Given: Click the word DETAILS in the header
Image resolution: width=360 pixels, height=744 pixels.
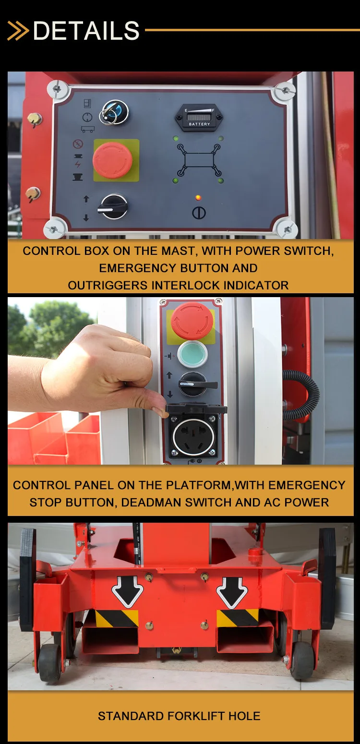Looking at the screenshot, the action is point(86,31).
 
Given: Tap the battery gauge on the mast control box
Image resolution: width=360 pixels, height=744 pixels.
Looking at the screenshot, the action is point(199,117).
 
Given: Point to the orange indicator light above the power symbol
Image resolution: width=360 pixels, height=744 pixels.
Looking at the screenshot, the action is point(198,198).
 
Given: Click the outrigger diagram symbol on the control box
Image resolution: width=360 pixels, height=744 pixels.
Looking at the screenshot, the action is point(199,160).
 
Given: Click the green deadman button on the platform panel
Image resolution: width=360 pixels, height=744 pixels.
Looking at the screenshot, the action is point(192,354).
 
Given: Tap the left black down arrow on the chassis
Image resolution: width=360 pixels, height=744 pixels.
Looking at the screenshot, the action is point(127,592).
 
